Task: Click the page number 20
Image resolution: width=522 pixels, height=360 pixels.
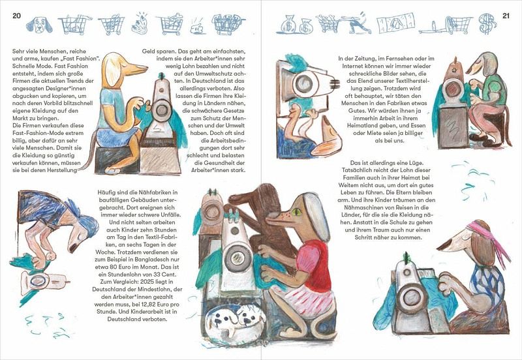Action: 17,16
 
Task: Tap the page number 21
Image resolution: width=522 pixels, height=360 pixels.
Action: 506,16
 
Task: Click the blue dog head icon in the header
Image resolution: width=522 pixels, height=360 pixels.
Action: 39,25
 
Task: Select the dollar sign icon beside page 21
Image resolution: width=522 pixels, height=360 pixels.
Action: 487,23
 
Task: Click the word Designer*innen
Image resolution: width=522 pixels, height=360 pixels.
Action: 66,88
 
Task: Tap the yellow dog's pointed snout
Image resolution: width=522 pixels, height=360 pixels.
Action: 135,69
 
